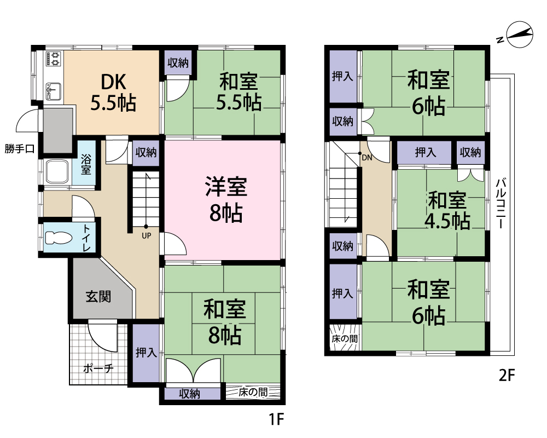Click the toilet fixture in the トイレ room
click(x=59, y=238)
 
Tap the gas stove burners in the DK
click(x=54, y=59)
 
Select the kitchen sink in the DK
click(x=54, y=91)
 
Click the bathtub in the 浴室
click(x=57, y=172)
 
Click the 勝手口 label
click(x=20, y=149)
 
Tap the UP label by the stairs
click(x=147, y=236)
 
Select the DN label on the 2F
click(x=367, y=158)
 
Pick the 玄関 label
click(x=98, y=297)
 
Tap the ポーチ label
click(x=98, y=368)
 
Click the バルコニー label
click(x=501, y=203)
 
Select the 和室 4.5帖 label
click(x=447, y=210)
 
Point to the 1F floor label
click(x=276, y=419)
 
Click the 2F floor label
click(x=507, y=376)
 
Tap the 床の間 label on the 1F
click(x=253, y=392)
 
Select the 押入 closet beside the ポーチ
click(x=146, y=353)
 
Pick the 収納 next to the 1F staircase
click(x=146, y=152)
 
